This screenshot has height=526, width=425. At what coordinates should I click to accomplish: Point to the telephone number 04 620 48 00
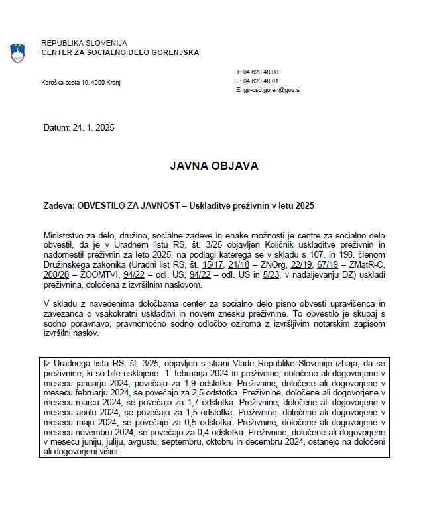click(261, 72)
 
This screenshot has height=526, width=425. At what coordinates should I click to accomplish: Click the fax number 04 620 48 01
click(261, 81)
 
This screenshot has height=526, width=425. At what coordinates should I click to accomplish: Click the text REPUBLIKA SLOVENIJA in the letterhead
click(84, 43)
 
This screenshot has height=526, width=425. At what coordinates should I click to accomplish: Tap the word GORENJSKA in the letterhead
click(169, 52)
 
